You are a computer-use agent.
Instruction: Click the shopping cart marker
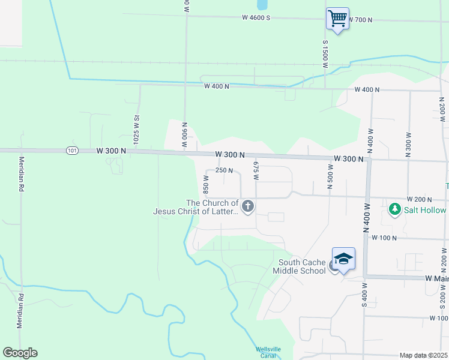tap(337, 19)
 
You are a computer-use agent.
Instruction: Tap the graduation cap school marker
tap(343, 259)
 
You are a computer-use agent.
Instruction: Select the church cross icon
tap(248, 207)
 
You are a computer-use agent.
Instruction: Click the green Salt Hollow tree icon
tap(395, 209)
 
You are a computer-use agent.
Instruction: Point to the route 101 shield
tap(72, 151)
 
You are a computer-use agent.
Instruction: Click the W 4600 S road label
tap(256, 18)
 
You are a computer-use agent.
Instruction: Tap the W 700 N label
tap(360, 20)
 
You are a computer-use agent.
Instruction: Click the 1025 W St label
tap(136, 128)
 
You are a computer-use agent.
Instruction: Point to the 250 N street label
tap(224, 170)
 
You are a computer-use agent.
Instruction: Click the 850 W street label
tap(206, 184)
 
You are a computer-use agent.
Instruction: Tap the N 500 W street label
tap(330, 177)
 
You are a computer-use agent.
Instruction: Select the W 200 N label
tap(419, 199)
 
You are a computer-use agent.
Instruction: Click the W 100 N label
tap(384, 238)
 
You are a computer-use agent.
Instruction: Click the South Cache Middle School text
tap(303, 266)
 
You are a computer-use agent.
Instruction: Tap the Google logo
tap(20, 353)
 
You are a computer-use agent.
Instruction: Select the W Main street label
tap(437, 278)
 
